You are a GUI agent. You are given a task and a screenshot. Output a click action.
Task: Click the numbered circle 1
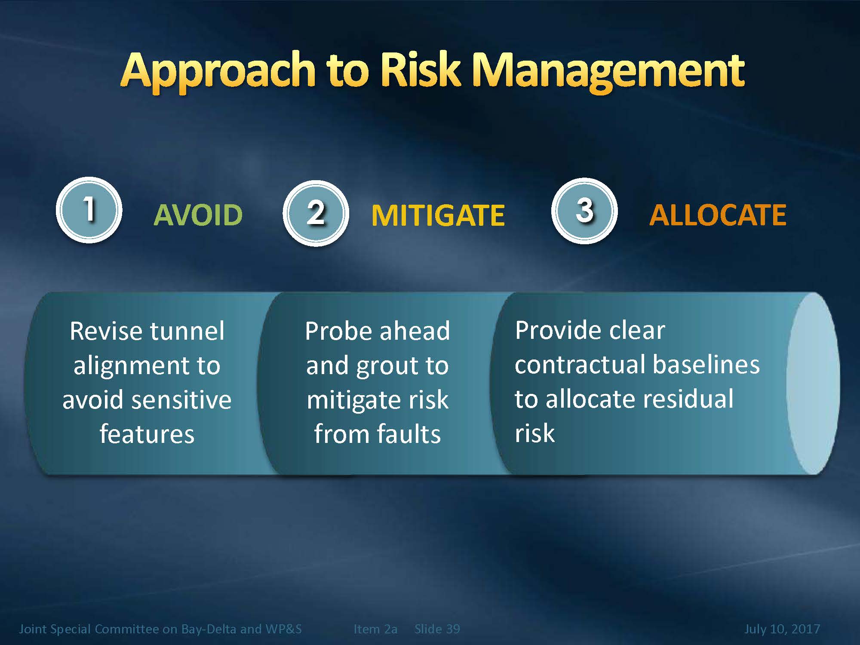pyautogui.click(x=89, y=210)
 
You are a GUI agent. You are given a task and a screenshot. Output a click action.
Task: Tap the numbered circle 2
pyautogui.click(x=316, y=213)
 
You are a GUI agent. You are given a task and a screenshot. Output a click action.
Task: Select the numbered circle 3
pyautogui.click(x=584, y=211)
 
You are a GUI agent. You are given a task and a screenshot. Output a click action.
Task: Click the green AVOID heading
pyautogui.click(x=198, y=215)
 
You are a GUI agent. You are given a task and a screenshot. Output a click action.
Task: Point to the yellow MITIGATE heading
pyautogui.click(x=438, y=215)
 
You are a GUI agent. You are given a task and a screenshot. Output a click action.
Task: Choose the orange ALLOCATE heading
pyautogui.click(x=718, y=215)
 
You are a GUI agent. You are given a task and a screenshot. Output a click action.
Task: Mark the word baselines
pyautogui.click(x=706, y=364)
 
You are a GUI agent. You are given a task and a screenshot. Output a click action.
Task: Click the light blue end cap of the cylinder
pyautogui.click(x=813, y=383)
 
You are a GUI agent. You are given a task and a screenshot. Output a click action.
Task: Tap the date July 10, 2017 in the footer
pyautogui.click(x=782, y=629)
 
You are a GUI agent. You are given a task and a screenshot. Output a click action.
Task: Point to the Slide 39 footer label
pyautogui.click(x=437, y=629)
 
